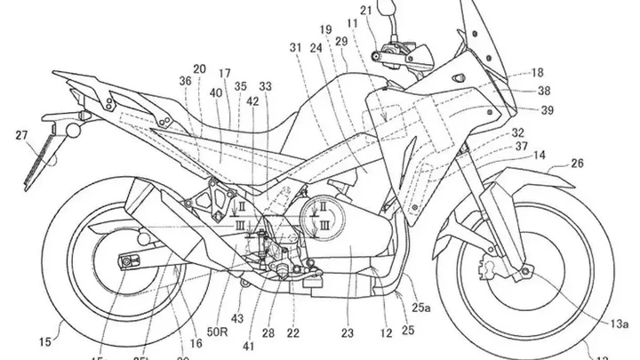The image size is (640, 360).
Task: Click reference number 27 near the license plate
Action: [x=20, y=135]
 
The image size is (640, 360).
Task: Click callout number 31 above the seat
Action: [x=295, y=48]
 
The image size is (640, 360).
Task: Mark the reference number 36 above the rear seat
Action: [x=185, y=82]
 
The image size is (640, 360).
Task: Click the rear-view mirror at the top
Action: [x=388, y=12]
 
